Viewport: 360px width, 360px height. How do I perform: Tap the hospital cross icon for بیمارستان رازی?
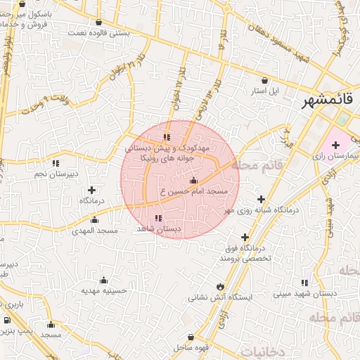coord(335,145)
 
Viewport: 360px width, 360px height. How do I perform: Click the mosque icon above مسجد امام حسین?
coord(193,181)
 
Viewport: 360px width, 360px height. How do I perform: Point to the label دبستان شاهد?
coord(158,229)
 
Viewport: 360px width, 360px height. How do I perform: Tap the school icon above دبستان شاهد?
coord(157,219)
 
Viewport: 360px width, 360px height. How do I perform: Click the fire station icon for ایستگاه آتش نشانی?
coord(221,286)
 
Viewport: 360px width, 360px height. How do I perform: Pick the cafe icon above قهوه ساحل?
coord(192,338)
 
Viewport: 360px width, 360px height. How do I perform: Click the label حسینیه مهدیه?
coord(103,290)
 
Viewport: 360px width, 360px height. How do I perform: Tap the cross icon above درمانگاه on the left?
coord(92,190)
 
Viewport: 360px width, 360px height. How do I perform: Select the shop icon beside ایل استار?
coord(264,80)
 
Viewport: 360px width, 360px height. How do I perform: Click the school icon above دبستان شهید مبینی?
coord(304,282)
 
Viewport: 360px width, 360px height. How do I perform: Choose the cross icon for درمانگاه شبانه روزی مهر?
coord(262,200)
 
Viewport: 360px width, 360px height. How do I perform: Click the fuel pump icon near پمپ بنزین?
coord(8,320)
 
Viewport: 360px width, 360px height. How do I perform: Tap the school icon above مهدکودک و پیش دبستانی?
coord(167,137)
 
